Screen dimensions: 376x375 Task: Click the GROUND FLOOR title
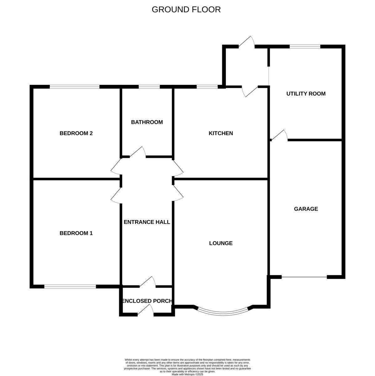(x=186, y=10)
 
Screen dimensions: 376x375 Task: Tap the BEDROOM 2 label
(x=76, y=133)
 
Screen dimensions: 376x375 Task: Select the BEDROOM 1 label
(x=76, y=233)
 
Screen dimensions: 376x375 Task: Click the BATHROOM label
(x=147, y=122)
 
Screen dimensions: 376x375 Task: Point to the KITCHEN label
(x=221, y=133)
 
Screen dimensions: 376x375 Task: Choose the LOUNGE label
(x=221, y=243)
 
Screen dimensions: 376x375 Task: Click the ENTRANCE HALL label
(x=147, y=222)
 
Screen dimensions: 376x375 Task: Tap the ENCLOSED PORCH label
(x=147, y=301)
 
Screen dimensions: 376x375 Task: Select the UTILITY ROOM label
(x=306, y=94)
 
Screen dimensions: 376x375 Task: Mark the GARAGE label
(x=306, y=209)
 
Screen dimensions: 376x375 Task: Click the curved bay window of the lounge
(x=223, y=312)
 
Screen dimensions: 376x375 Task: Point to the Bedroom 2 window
(x=75, y=87)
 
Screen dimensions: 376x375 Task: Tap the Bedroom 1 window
(x=70, y=286)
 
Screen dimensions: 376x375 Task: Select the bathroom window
(x=149, y=87)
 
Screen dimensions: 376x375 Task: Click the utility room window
(x=305, y=47)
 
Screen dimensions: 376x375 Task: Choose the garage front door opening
(x=304, y=277)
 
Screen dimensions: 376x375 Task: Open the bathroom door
(x=138, y=153)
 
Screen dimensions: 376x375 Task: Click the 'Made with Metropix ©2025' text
(x=187, y=374)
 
